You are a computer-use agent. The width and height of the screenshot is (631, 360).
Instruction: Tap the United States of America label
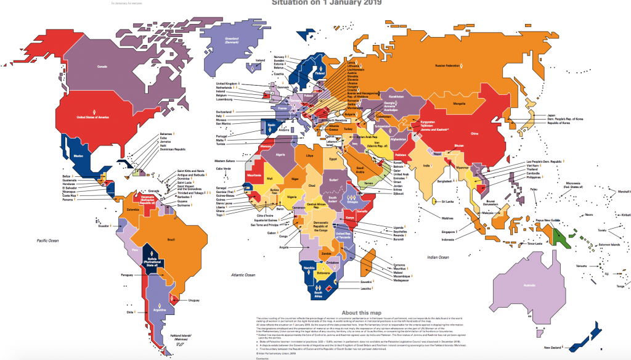(x=92, y=116)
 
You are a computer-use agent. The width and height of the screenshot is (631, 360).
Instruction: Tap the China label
(x=474, y=133)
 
